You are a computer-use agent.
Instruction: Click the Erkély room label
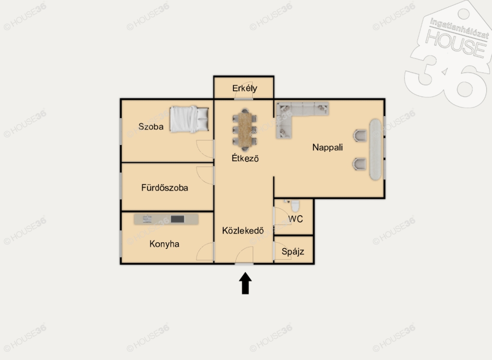click(x=245, y=88)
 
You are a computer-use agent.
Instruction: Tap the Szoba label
click(x=151, y=126)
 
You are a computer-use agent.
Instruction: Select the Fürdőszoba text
click(x=165, y=187)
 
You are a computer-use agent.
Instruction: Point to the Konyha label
click(x=164, y=244)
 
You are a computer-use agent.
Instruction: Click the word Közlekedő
click(x=243, y=231)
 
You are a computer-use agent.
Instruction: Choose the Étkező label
click(x=245, y=158)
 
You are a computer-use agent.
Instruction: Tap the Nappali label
click(x=327, y=147)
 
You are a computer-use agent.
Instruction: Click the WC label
click(x=295, y=219)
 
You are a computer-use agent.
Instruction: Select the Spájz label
click(x=293, y=251)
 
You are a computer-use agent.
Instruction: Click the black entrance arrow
click(x=246, y=283)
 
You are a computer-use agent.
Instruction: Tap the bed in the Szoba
click(x=189, y=119)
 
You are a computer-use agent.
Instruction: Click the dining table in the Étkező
click(x=245, y=130)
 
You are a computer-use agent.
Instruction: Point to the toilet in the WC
click(x=295, y=206)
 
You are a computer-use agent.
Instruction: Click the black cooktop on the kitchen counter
click(x=178, y=219)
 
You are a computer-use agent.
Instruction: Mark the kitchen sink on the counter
click(x=148, y=219)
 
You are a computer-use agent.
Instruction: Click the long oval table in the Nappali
click(x=375, y=149)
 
